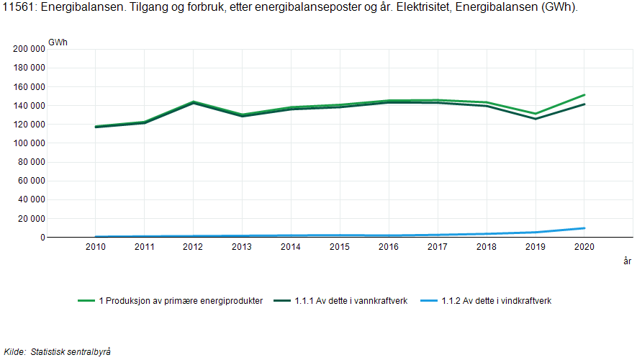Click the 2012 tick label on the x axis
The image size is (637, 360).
point(193,247)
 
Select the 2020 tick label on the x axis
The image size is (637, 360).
point(584,247)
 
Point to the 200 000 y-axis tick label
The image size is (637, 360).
point(30,49)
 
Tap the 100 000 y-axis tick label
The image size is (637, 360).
point(30,143)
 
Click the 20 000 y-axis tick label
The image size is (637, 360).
point(32,219)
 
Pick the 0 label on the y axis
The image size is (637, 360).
point(42,238)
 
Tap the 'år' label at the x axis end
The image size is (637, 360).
point(627,261)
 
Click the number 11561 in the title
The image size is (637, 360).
point(18,7)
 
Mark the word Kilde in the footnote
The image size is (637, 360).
point(14,351)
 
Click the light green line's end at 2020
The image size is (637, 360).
point(584,94)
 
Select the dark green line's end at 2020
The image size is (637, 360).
point(584,104)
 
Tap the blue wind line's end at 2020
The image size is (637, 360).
point(584,228)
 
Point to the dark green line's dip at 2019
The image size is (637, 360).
point(535,119)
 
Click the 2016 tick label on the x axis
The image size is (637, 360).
point(389,247)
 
